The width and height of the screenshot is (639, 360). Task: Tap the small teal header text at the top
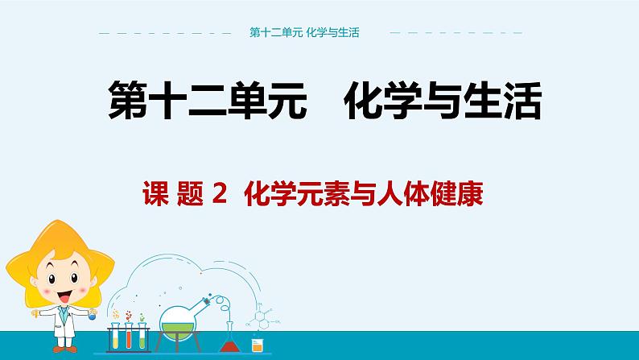point(304,33)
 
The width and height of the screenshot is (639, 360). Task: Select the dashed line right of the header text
point(456,34)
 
